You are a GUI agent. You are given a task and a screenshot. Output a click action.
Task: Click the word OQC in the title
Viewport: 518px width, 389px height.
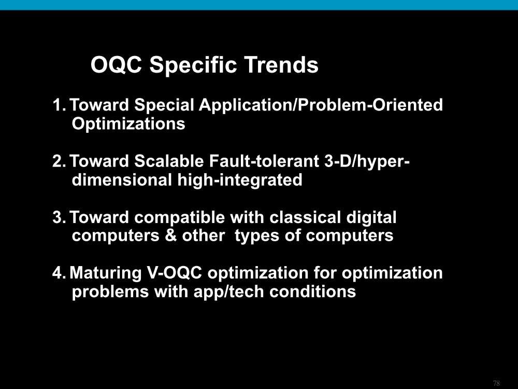click(x=116, y=65)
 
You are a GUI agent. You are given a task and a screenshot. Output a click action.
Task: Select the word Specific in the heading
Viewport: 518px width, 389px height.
click(x=193, y=65)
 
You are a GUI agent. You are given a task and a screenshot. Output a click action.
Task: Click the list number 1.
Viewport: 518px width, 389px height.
click(x=60, y=105)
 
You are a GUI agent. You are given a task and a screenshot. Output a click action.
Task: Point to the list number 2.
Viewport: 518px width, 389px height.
click(x=60, y=161)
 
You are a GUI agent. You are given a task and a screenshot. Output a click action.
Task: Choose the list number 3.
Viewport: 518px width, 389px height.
click(x=60, y=218)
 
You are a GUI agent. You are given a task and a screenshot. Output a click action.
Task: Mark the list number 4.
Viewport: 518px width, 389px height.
click(x=60, y=273)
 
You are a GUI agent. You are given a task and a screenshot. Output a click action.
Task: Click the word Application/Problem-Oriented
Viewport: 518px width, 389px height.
click(x=321, y=105)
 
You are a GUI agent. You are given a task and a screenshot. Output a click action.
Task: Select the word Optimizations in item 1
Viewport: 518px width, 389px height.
click(x=128, y=124)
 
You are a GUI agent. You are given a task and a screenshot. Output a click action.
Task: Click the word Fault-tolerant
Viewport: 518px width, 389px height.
click(x=264, y=161)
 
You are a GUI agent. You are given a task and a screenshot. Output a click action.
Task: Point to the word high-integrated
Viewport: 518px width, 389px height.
click(x=239, y=180)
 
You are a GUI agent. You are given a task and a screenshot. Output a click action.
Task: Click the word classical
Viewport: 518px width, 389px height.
click(x=305, y=218)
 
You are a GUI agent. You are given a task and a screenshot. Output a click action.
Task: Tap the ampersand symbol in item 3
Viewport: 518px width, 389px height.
click(x=170, y=236)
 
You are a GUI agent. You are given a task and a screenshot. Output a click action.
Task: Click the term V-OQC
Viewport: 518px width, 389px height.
click(x=174, y=273)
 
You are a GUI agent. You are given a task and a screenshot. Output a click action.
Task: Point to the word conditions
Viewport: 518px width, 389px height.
click(x=312, y=291)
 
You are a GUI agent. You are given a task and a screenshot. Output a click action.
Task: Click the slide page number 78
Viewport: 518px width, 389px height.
click(x=496, y=383)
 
